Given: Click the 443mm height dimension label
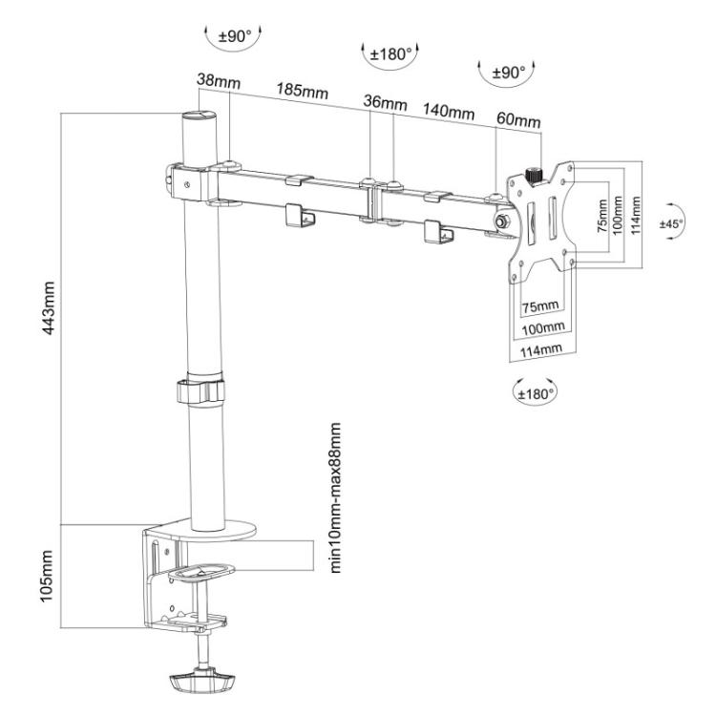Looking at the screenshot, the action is click(x=49, y=307).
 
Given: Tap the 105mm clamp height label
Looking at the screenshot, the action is click(x=47, y=576).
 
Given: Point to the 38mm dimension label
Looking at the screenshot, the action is click(x=219, y=81).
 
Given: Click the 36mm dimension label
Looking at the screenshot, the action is click(x=385, y=102).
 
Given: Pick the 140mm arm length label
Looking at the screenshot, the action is click(x=449, y=111).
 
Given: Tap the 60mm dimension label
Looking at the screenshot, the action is click(x=518, y=119).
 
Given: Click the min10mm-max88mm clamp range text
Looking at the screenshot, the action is click(x=335, y=497).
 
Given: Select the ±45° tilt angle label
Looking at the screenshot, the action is click(x=671, y=223).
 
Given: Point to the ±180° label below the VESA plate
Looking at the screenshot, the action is click(x=536, y=393).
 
